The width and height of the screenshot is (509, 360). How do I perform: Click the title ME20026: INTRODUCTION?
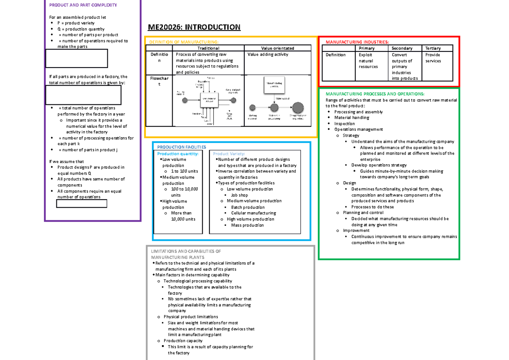[x=194, y=28]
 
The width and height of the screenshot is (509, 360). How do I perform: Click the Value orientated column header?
[x=278, y=48]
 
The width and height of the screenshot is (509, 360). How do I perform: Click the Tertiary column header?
[x=433, y=48]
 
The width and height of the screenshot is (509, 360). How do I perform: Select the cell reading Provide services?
[x=433, y=58]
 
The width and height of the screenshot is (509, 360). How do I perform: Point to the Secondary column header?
[x=402, y=48]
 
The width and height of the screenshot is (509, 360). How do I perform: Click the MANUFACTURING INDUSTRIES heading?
[x=356, y=42]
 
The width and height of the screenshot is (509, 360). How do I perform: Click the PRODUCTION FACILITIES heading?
[x=182, y=147]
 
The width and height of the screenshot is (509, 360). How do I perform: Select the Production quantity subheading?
[x=177, y=154]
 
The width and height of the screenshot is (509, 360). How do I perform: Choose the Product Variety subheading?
[x=229, y=154]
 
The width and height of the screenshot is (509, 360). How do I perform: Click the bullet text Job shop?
[x=239, y=195]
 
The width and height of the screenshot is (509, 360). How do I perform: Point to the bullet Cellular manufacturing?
[x=253, y=213]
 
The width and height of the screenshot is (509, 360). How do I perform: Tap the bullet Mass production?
[x=247, y=225]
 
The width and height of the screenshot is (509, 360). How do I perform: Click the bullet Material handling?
[x=352, y=118]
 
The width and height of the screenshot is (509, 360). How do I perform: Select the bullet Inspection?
[x=344, y=124]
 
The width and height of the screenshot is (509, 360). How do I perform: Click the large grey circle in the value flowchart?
[x=298, y=108]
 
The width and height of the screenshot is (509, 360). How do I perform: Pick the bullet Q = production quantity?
[x=81, y=29]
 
